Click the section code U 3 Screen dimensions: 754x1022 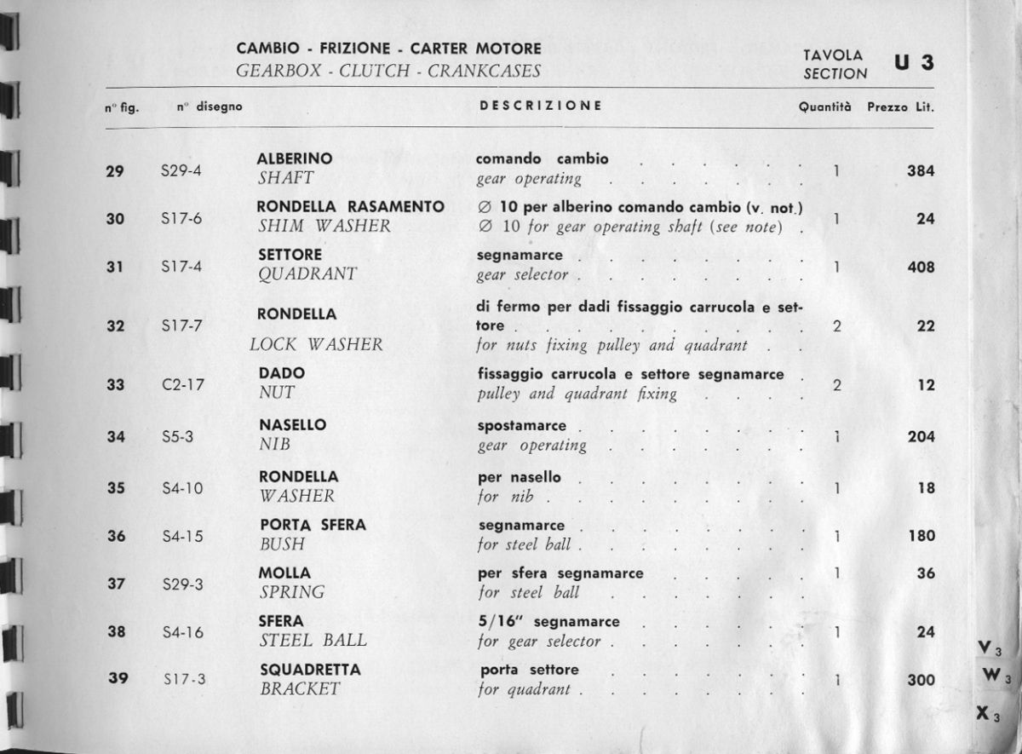coord(914,63)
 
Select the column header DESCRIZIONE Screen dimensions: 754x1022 coord(541,106)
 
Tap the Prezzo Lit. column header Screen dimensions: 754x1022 coord(906,107)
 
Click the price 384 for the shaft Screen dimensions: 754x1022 coord(921,170)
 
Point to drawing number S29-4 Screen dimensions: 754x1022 coord(181,170)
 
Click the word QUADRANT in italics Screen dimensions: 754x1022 coord(307,274)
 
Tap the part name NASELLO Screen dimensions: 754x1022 coord(292,425)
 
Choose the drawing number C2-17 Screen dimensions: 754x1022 coord(182,384)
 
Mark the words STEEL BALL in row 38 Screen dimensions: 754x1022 coord(313,641)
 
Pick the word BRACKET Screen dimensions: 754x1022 coord(300,689)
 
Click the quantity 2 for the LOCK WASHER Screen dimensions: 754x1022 coord(837,325)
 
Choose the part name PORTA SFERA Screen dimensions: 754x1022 coord(312,525)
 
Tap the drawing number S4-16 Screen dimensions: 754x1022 coord(181,632)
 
